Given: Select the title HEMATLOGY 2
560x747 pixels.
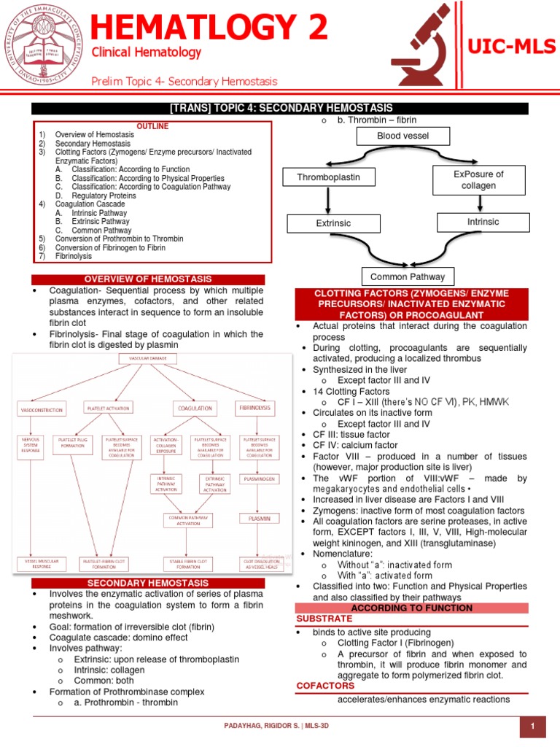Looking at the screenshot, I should point(209,28).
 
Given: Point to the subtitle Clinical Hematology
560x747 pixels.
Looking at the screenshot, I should point(146,53).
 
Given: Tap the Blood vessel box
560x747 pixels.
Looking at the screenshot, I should point(402,136).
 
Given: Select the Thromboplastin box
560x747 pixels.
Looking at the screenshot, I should point(329,177).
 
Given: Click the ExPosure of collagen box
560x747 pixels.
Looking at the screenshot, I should point(478,179).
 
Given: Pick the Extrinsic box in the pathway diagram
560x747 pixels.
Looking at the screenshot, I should point(334,223).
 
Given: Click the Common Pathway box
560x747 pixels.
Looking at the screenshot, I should point(408,276).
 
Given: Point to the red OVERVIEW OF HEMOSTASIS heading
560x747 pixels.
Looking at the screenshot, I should point(148,279).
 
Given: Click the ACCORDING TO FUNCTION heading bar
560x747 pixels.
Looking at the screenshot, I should point(412,608).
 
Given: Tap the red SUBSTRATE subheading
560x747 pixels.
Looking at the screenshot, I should point(324,619).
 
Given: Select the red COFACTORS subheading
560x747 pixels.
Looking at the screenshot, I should point(325,686).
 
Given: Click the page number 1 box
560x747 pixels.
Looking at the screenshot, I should point(533,727).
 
